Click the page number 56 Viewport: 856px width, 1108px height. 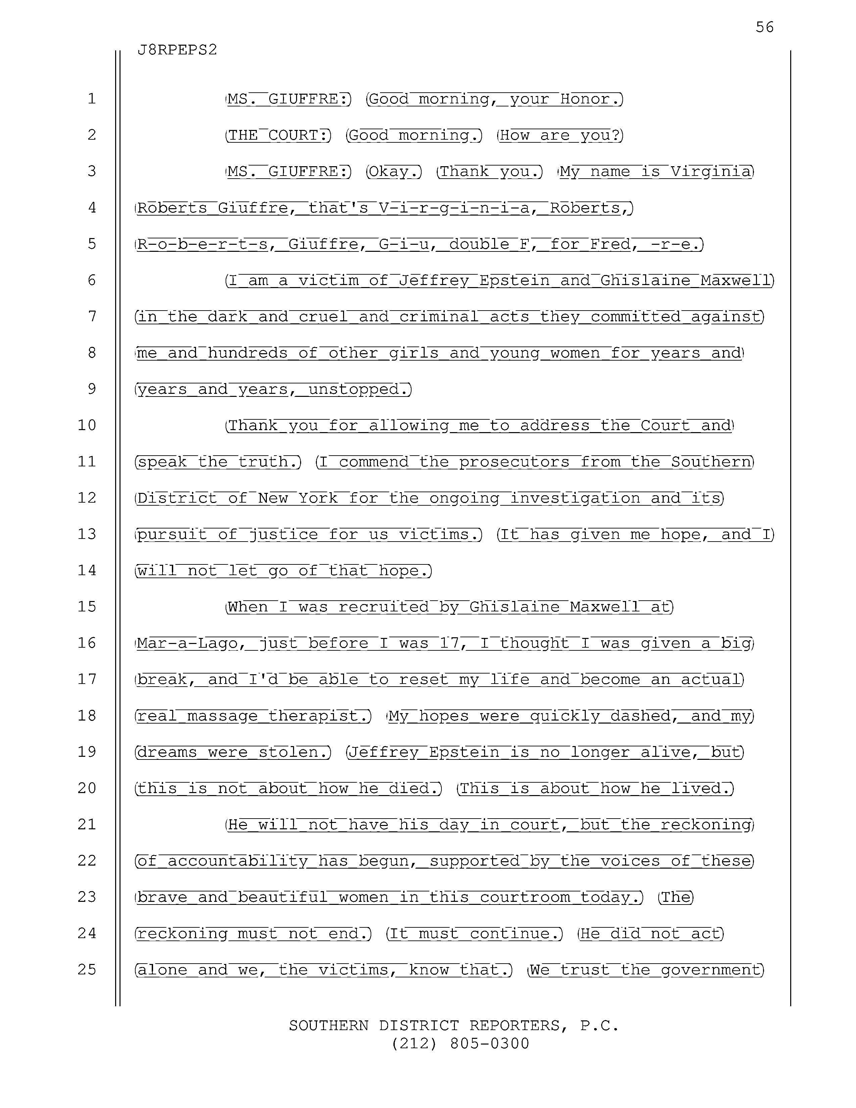tap(764, 27)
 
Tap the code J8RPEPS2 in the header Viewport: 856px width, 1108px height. tap(177, 50)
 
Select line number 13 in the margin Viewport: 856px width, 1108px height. tap(87, 534)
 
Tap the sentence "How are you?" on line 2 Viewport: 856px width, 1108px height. tap(560, 135)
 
